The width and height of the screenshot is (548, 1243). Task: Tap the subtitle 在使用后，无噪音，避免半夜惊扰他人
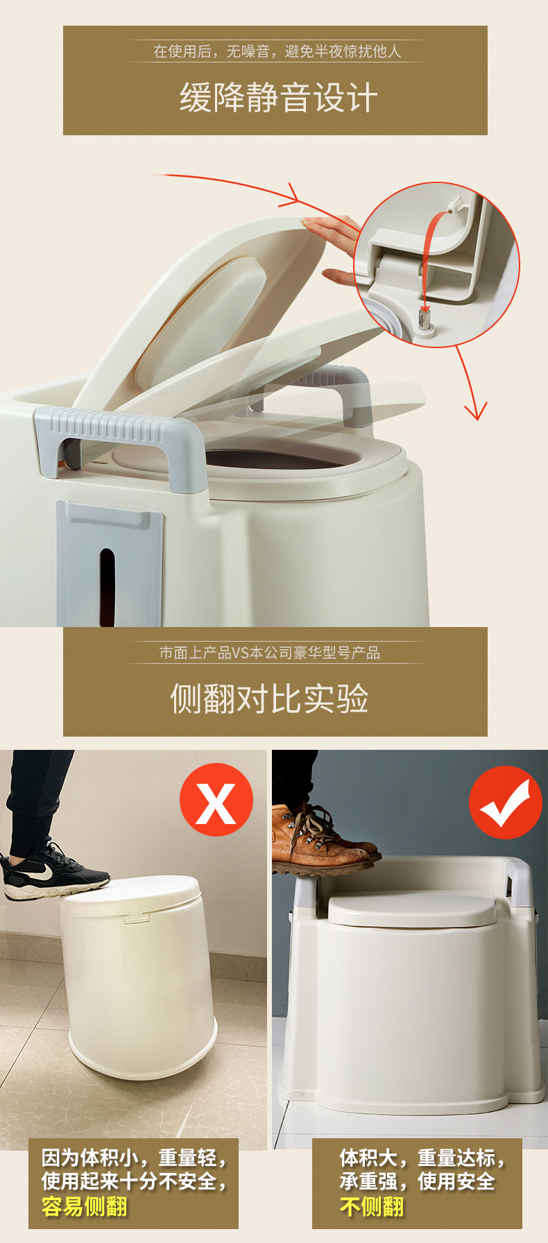click(x=277, y=51)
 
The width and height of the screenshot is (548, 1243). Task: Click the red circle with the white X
click(x=216, y=800)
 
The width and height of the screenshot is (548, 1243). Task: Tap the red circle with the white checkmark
click(x=505, y=803)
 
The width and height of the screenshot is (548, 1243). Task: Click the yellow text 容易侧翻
click(x=85, y=1206)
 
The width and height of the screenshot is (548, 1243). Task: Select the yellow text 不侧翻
click(x=372, y=1206)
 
